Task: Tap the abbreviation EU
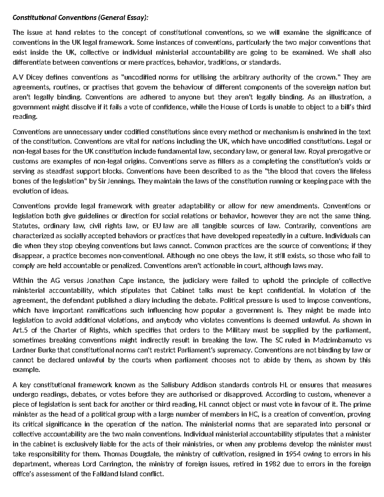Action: click(157, 226)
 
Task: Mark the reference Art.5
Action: click(20, 330)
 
